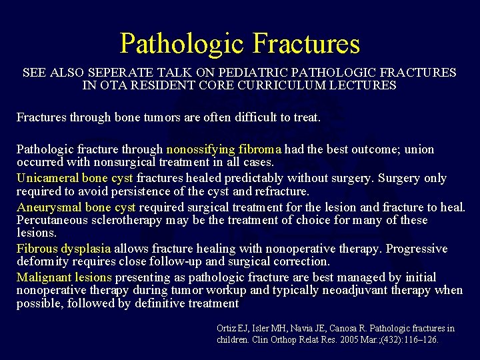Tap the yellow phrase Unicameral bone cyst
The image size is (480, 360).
[75, 178]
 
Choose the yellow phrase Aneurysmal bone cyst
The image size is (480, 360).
[76, 207]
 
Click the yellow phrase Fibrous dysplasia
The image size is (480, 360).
[63, 249]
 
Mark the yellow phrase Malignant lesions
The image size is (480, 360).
[64, 277]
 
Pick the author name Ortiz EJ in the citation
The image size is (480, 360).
[233, 328]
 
